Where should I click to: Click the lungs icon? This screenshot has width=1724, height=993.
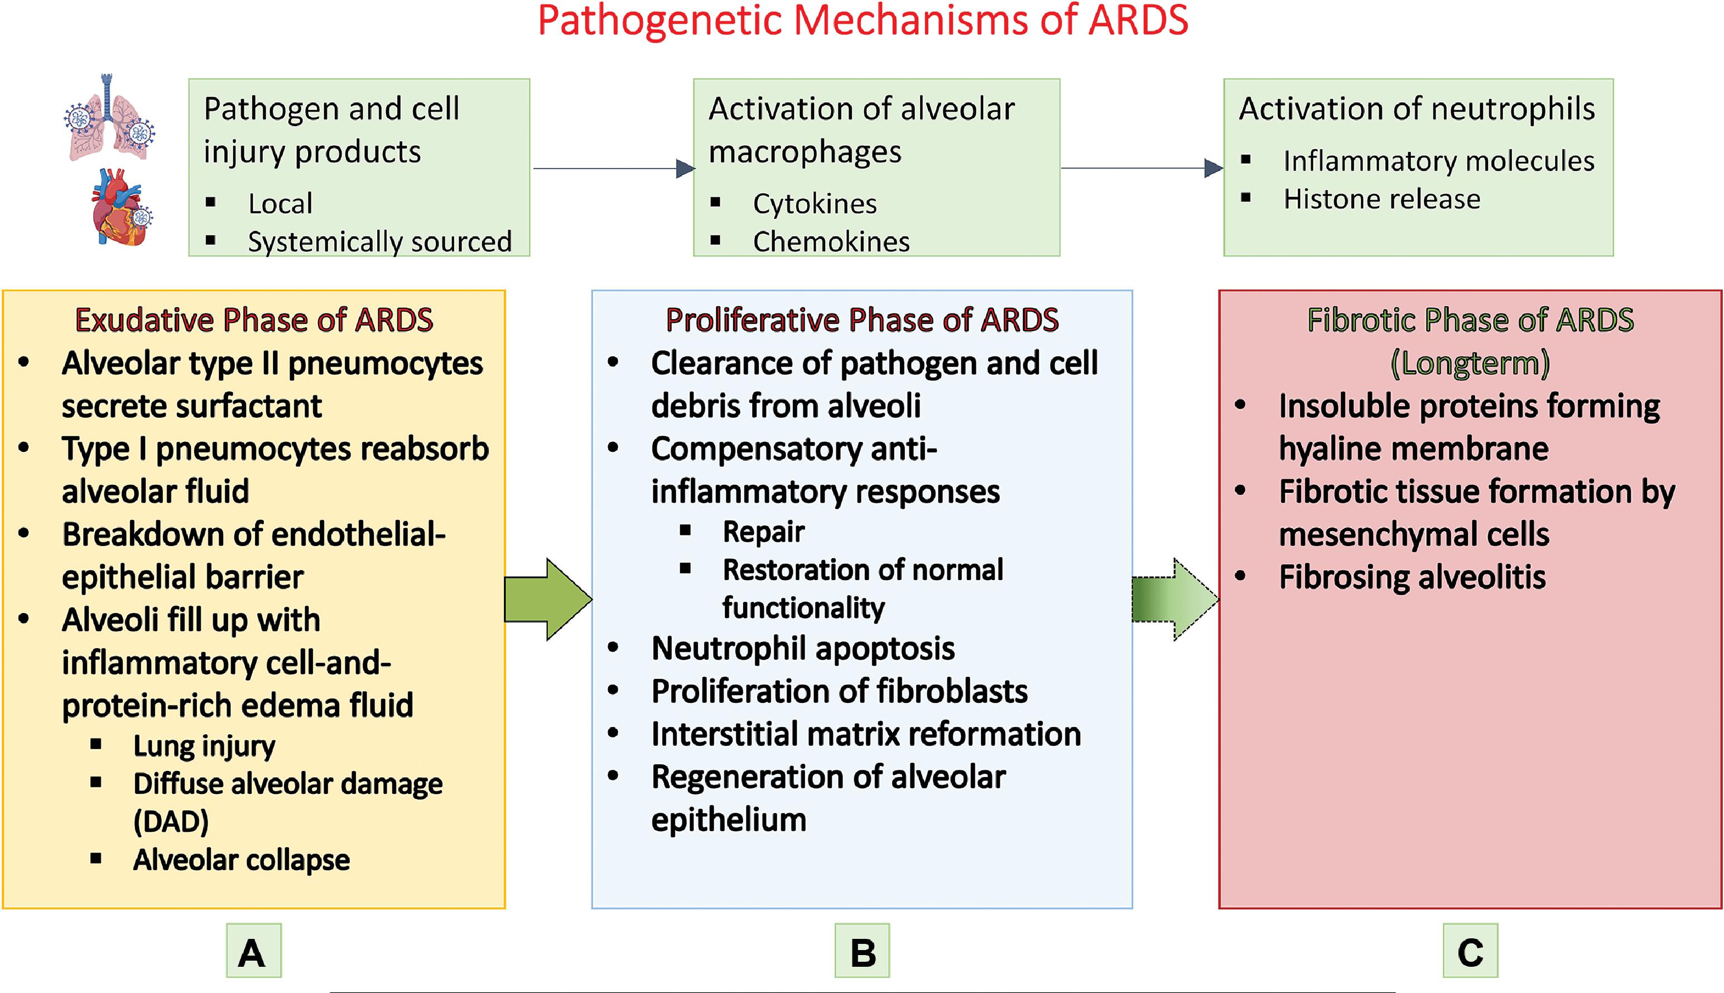109,118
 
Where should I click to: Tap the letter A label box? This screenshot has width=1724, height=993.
254,951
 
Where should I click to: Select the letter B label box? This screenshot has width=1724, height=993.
862,951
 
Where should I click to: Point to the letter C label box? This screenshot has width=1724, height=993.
1470,951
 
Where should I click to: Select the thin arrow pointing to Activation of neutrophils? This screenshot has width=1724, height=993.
1142,168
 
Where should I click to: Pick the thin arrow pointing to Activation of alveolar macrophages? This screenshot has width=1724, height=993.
614,168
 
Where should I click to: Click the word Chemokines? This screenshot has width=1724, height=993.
831,242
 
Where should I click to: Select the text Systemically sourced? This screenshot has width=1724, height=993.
380,242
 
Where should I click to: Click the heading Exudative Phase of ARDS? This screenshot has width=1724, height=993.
254,320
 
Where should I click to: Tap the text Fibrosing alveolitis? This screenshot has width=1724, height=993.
1412,577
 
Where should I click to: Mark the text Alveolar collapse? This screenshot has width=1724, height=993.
242,860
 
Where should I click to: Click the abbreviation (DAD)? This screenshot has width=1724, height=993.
171,822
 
